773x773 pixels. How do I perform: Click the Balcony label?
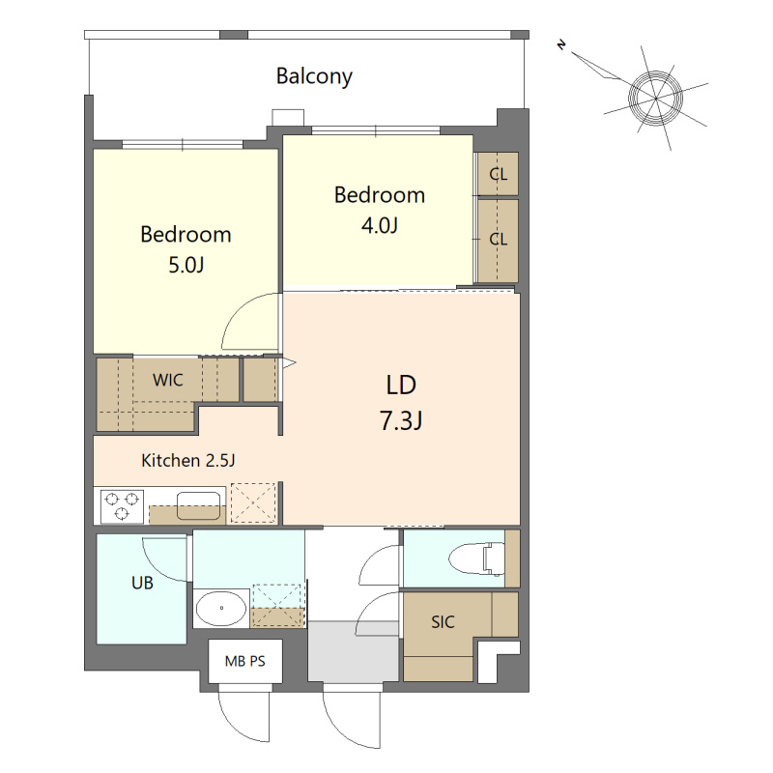click(314, 76)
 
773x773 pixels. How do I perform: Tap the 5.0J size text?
click(186, 265)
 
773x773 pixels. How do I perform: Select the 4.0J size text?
click(379, 226)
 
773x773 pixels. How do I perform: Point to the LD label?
click(401, 385)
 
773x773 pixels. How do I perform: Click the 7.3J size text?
click(401, 420)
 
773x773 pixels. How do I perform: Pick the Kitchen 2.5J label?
click(187, 461)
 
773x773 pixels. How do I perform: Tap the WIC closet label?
click(167, 380)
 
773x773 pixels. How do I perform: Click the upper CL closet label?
click(498, 174)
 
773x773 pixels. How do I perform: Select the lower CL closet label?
click(498, 239)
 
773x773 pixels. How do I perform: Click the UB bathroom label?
click(142, 584)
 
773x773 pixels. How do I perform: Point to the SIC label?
click(443, 622)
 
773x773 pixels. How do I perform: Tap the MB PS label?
click(245, 661)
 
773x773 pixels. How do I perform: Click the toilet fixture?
click(477, 558)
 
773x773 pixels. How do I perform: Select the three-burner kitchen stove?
click(122, 506)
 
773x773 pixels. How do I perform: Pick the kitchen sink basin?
click(199, 505)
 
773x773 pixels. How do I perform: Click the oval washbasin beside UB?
click(221, 608)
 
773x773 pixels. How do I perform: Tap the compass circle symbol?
click(656, 98)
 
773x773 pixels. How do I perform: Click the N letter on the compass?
click(561, 45)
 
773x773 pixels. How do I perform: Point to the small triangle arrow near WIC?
click(289, 364)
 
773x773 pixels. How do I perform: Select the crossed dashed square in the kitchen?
click(253, 502)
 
